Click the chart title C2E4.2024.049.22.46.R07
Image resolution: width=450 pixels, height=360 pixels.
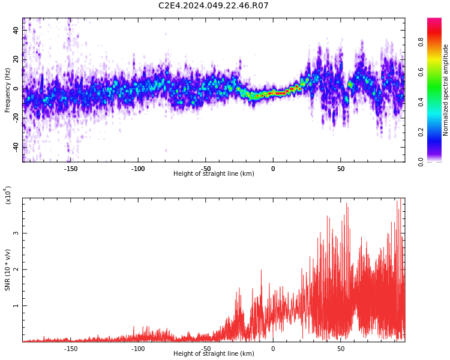[213, 6]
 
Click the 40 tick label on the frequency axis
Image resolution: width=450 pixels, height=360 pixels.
[16, 30]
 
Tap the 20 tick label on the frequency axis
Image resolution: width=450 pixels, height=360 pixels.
[16, 59]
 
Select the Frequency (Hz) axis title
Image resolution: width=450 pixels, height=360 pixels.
[7, 90]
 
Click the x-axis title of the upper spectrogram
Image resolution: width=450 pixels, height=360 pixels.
[214, 174]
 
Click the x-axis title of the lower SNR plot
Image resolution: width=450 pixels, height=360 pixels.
[214, 354]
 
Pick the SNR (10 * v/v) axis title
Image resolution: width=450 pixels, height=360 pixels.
[7, 269]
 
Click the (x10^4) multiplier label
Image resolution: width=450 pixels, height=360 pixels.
[8, 195]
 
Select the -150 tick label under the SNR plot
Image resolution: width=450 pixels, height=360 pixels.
[71, 349]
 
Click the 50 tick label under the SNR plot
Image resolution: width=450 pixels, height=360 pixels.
[341, 349]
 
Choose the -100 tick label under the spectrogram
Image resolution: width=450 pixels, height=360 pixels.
[138, 169]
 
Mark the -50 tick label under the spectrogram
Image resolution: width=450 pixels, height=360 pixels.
[206, 169]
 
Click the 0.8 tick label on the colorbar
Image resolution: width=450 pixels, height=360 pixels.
[438, 42]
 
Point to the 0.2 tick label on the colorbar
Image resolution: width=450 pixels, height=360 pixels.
[438, 132]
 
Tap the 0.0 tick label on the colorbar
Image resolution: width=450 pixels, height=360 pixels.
[438, 161]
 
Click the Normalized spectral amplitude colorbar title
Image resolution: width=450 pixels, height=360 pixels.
[446, 90]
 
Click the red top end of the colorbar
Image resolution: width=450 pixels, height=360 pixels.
[434, 20]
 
